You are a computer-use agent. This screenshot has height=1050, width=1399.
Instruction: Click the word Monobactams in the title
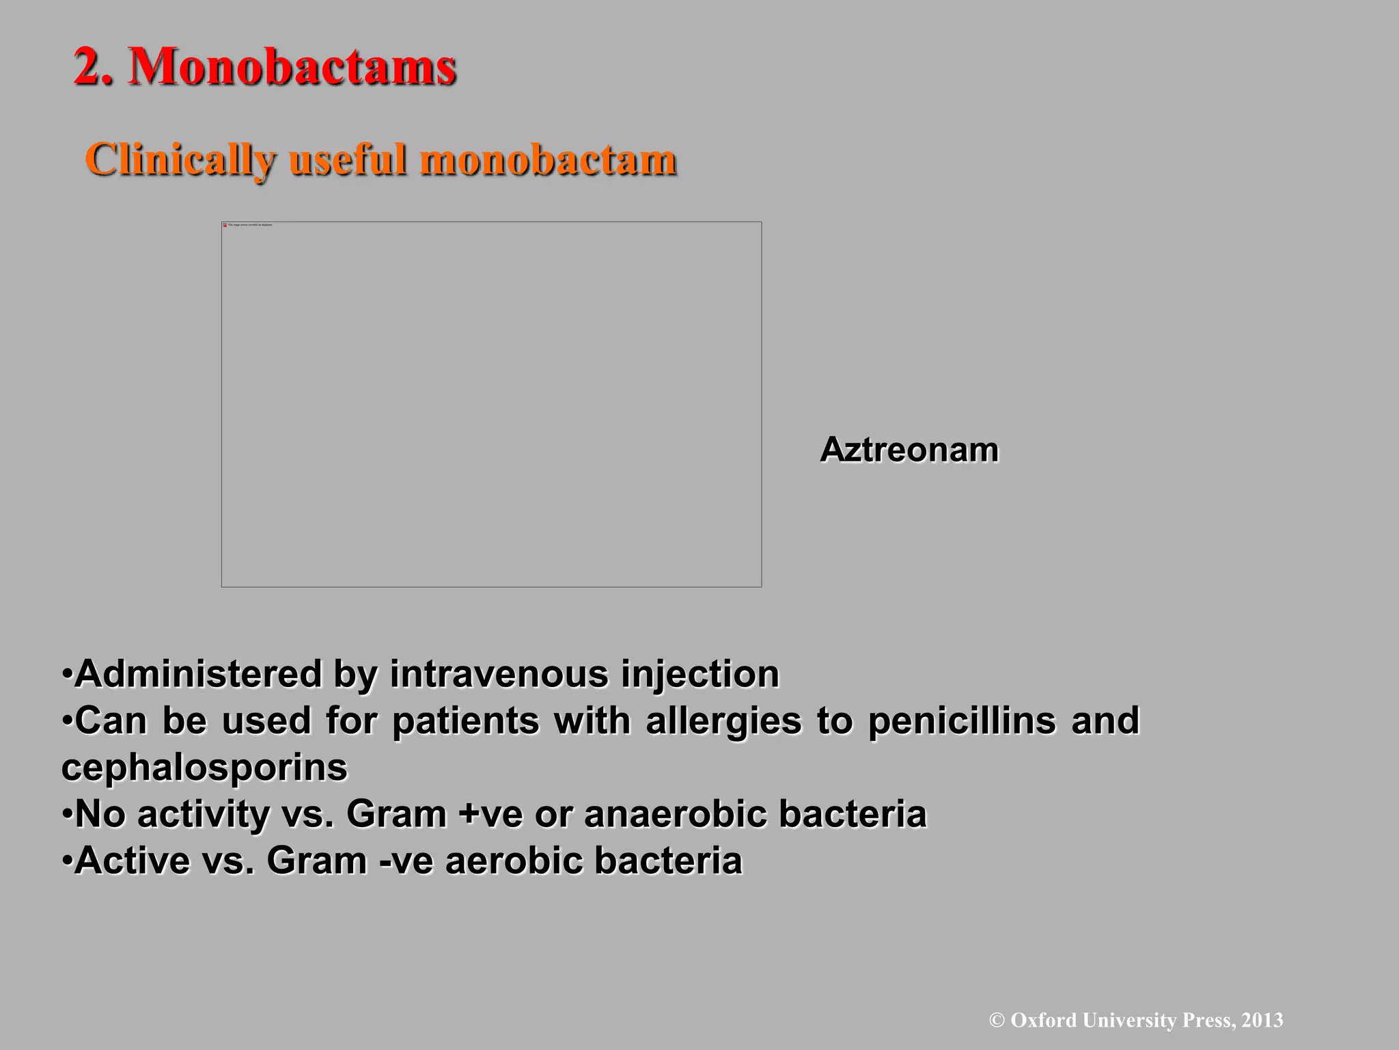[x=292, y=68]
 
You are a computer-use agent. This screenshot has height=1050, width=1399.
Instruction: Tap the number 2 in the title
[x=87, y=68]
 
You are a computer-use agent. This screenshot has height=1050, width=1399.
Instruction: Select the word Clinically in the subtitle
[x=180, y=161]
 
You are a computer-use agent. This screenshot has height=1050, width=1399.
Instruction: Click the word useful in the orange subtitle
[x=348, y=161]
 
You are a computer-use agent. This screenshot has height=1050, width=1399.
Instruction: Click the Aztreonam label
[x=909, y=450]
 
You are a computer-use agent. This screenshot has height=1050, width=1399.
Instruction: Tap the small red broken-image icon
[x=225, y=225]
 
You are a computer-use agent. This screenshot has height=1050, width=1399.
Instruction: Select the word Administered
[x=198, y=674]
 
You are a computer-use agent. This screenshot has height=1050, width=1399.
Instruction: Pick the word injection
[x=700, y=674]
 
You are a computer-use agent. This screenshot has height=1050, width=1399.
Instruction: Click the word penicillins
[x=962, y=721]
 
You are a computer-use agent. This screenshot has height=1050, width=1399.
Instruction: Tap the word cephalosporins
[x=204, y=767]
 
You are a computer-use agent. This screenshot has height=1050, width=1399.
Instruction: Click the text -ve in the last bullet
[x=406, y=861]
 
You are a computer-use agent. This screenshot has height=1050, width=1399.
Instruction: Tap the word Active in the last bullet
[x=132, y=861]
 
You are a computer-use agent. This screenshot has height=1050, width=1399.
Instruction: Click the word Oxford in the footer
[x=1044, y=1021]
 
